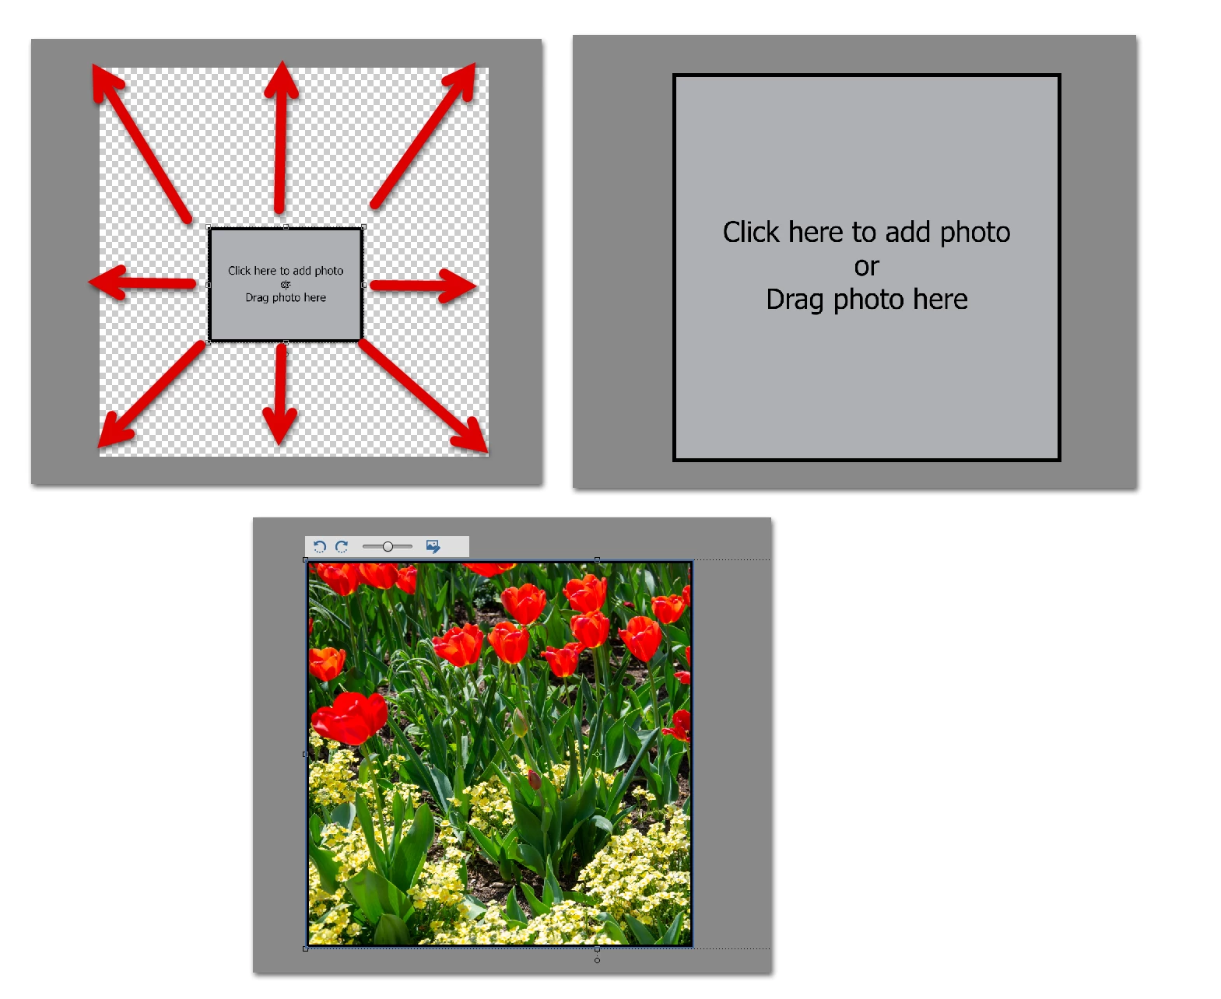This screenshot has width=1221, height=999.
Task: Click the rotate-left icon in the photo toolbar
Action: pyautogui.click(x=318, y=546)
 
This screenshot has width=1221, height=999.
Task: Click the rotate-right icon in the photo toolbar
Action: pyautogui.click(x=342, y=546)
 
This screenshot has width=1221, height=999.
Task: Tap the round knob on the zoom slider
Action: pyautogui.click(x=388, y=546)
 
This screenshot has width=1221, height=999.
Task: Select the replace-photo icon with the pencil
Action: pyautogui.click(x=433, y=546)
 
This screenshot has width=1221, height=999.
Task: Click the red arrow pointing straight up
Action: pyautogui.click(x=281, y=137)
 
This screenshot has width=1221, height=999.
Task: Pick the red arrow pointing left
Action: pyautogui.click(x=142, y=282)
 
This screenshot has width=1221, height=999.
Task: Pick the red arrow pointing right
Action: pyautogui.click(x=423, y=285)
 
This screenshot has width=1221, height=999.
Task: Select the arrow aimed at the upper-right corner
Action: pyautogui.click(x=423, y=135)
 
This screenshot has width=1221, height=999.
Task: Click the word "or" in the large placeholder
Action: pyautogui.click(x=865, y=266)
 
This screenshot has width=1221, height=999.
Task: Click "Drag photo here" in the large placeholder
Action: pyautogui.click(x=866, y=300)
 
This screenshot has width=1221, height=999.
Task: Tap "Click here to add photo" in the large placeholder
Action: pyautogui.click(x=865, y=232)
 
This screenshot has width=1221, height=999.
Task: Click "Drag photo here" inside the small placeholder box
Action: pyautogui.click(x=286, y=297)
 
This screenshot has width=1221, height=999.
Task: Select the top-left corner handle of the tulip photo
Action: pyautogui.click(x=305, y=559)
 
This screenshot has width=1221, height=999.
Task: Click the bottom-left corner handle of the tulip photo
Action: pyautogui.click(x=305, y=948)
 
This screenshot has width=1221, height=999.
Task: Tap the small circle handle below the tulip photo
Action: pyautogui.click(x=597, y=960)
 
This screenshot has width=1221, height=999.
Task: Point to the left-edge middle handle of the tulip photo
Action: pyautogui.click(x=305, y=754)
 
